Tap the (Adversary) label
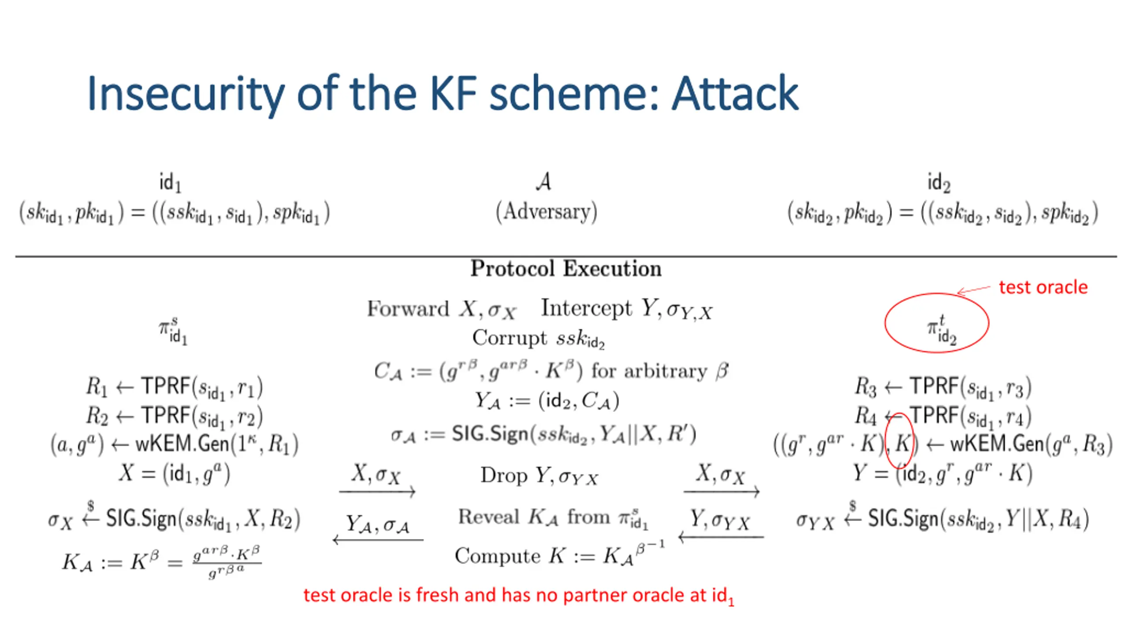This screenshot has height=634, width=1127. [546, 212]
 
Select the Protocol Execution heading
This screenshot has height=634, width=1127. [566, 269]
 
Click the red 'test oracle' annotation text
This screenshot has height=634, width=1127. [1043, 287]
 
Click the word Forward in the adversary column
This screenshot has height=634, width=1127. [408, 309]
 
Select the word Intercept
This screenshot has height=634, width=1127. [586, 308]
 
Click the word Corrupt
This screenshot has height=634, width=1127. [509, 338]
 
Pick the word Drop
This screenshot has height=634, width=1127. [504, 475]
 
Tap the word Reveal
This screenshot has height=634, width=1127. [489, 517]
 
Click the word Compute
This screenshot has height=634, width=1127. [497, 556]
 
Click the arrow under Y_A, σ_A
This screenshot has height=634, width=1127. [378, 539]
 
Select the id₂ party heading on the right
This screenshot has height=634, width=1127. [939, 182]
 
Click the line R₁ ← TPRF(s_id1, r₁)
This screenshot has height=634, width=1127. [174, 387]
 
